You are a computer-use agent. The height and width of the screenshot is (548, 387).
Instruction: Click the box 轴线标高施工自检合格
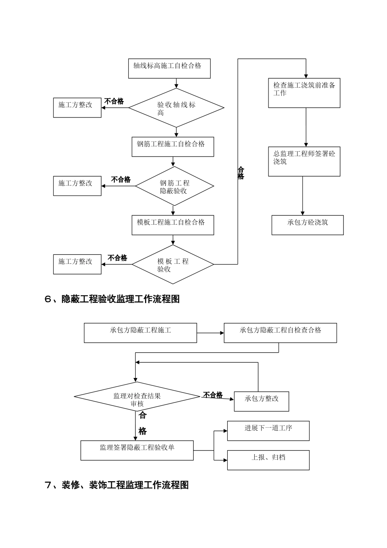[169, 68]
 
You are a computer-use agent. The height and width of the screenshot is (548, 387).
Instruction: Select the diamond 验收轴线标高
[176, 108]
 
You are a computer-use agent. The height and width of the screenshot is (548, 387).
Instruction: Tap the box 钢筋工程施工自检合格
[173, 147]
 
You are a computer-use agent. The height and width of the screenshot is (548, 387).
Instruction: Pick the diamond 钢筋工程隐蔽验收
[174, 186]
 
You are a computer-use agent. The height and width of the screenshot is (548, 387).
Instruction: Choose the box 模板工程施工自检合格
[173, 225]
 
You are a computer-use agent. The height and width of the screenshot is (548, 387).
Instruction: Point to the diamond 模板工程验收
[173, 265]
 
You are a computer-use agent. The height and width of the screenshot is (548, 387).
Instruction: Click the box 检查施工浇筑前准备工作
[304, 93]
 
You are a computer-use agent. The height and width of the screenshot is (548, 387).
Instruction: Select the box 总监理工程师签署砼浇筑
[304, 161]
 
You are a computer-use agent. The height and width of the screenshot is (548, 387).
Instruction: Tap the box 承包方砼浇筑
[308, 225]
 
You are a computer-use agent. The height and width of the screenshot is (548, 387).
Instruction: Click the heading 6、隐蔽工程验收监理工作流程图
[112, 299]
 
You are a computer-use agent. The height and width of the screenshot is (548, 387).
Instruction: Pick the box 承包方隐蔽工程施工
[140, 333]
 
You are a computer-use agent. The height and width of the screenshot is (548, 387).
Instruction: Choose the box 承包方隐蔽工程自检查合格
[280, 333]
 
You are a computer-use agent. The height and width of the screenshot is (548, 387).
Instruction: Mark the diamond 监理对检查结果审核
[137, 396]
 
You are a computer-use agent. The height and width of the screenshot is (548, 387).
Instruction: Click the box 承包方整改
[262, 401]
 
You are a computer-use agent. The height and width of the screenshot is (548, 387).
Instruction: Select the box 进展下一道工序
[268, 431]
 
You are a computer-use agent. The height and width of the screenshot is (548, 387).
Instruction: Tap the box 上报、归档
[268, 460]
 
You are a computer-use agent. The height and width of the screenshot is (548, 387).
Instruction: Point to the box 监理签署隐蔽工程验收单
[137, 450]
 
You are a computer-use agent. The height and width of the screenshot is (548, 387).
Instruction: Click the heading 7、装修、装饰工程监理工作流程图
[117, 485]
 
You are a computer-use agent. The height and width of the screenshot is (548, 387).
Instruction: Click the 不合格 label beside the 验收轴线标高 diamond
[114, 101]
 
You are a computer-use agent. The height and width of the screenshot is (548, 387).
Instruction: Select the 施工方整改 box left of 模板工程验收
[77, 264]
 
